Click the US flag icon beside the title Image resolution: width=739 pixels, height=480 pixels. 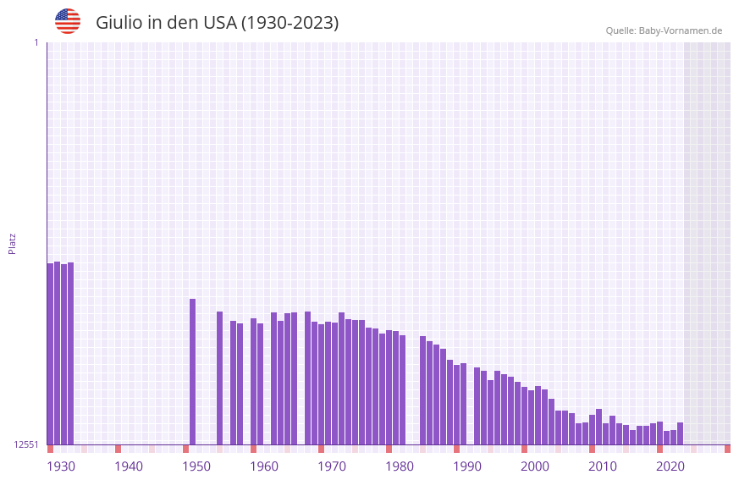68,21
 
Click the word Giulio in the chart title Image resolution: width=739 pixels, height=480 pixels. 119,23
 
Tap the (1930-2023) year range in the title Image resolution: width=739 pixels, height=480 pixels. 290,23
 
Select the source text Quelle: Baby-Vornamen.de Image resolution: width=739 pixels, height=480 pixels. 664,30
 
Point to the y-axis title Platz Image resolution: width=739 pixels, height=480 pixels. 12,243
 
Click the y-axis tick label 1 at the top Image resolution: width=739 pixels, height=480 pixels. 36,42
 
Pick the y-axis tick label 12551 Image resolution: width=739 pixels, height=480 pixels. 26,444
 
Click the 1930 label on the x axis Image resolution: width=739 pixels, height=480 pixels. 61,466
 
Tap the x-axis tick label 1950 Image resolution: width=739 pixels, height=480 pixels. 196,466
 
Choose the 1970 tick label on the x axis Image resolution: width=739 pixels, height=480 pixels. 332,466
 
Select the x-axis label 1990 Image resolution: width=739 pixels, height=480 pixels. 467,466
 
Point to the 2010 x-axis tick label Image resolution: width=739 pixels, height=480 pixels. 603,466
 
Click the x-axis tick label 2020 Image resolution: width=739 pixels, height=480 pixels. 670,466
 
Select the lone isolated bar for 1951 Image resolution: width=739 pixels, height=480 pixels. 192,372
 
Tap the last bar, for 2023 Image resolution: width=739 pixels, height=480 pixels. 680,433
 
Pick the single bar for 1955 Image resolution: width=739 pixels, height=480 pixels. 219,378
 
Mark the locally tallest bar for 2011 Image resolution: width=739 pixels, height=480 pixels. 598,427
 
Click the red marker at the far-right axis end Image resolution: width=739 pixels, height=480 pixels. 727,449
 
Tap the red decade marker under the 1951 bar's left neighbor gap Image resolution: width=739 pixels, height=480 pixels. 185,449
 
